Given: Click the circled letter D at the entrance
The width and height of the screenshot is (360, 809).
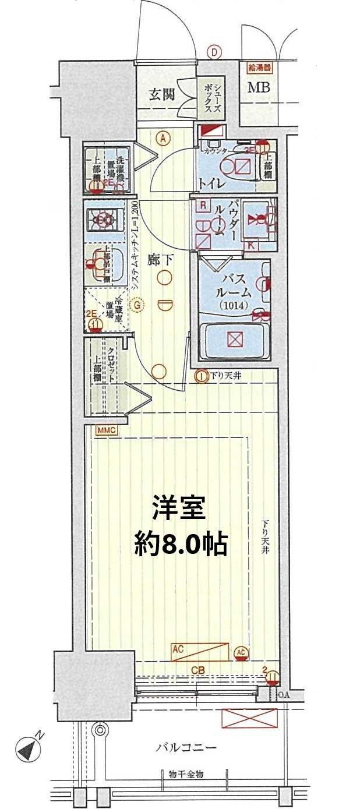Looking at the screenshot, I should click(x=214, y=53).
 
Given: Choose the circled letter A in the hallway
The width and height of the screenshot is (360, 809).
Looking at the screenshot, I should click(x=164, y=139).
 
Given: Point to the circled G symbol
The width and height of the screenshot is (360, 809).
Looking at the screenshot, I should click(x=137, y=304).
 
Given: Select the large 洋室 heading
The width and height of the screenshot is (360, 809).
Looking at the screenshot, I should click(x=179, y=508).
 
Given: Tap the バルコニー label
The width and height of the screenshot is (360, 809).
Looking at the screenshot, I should click(x=186, y=747).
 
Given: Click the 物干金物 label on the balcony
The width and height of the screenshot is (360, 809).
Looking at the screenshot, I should click(x=187, y=774).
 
